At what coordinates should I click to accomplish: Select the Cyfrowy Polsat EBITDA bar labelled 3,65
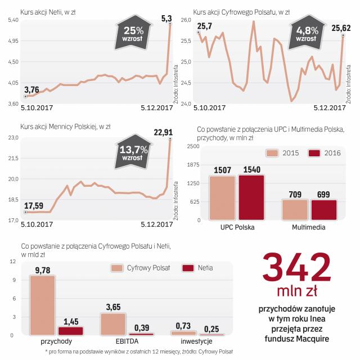click(x=114, y=324)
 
